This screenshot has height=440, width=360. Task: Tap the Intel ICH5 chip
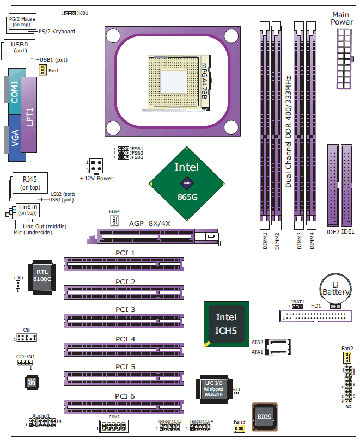(x=226, y=323)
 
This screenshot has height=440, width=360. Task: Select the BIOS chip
(x=264, y=417)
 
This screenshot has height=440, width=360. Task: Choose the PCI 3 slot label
(x=125, y=309)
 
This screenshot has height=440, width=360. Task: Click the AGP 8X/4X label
(x=150, y=223)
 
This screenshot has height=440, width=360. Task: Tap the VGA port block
(x=15, y=143)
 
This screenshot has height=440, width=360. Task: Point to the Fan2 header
(x=347, y=357)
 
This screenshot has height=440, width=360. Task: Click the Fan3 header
(x=239, y=429)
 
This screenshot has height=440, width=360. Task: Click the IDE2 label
(x=333, y=232)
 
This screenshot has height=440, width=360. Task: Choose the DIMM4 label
(x=312, y=241)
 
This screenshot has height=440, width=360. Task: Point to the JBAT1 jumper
(x=297, y=307)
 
